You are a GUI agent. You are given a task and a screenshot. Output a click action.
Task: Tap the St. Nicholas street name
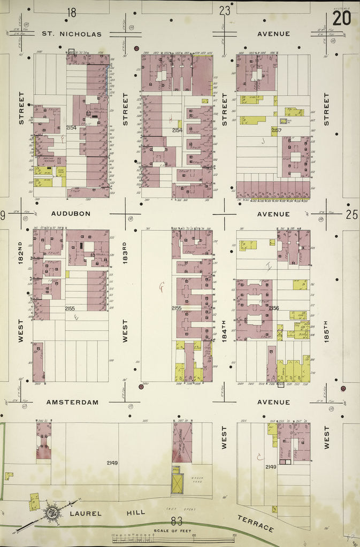click(x=72, y=34)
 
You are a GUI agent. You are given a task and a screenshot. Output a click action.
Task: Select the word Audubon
click(x=70, y=213)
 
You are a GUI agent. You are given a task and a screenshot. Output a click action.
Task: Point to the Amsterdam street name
click(x=72, y=402)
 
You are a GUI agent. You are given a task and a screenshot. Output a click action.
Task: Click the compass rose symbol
click(x=52, y=512)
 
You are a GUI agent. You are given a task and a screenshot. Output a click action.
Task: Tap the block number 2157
click(x=276, y=130)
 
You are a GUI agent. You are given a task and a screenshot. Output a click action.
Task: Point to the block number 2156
click(x=274, y=308)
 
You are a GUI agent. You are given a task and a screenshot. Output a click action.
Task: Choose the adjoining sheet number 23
click(x=225, y=10)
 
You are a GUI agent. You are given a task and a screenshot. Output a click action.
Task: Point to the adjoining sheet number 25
click(x=351, y=215)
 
